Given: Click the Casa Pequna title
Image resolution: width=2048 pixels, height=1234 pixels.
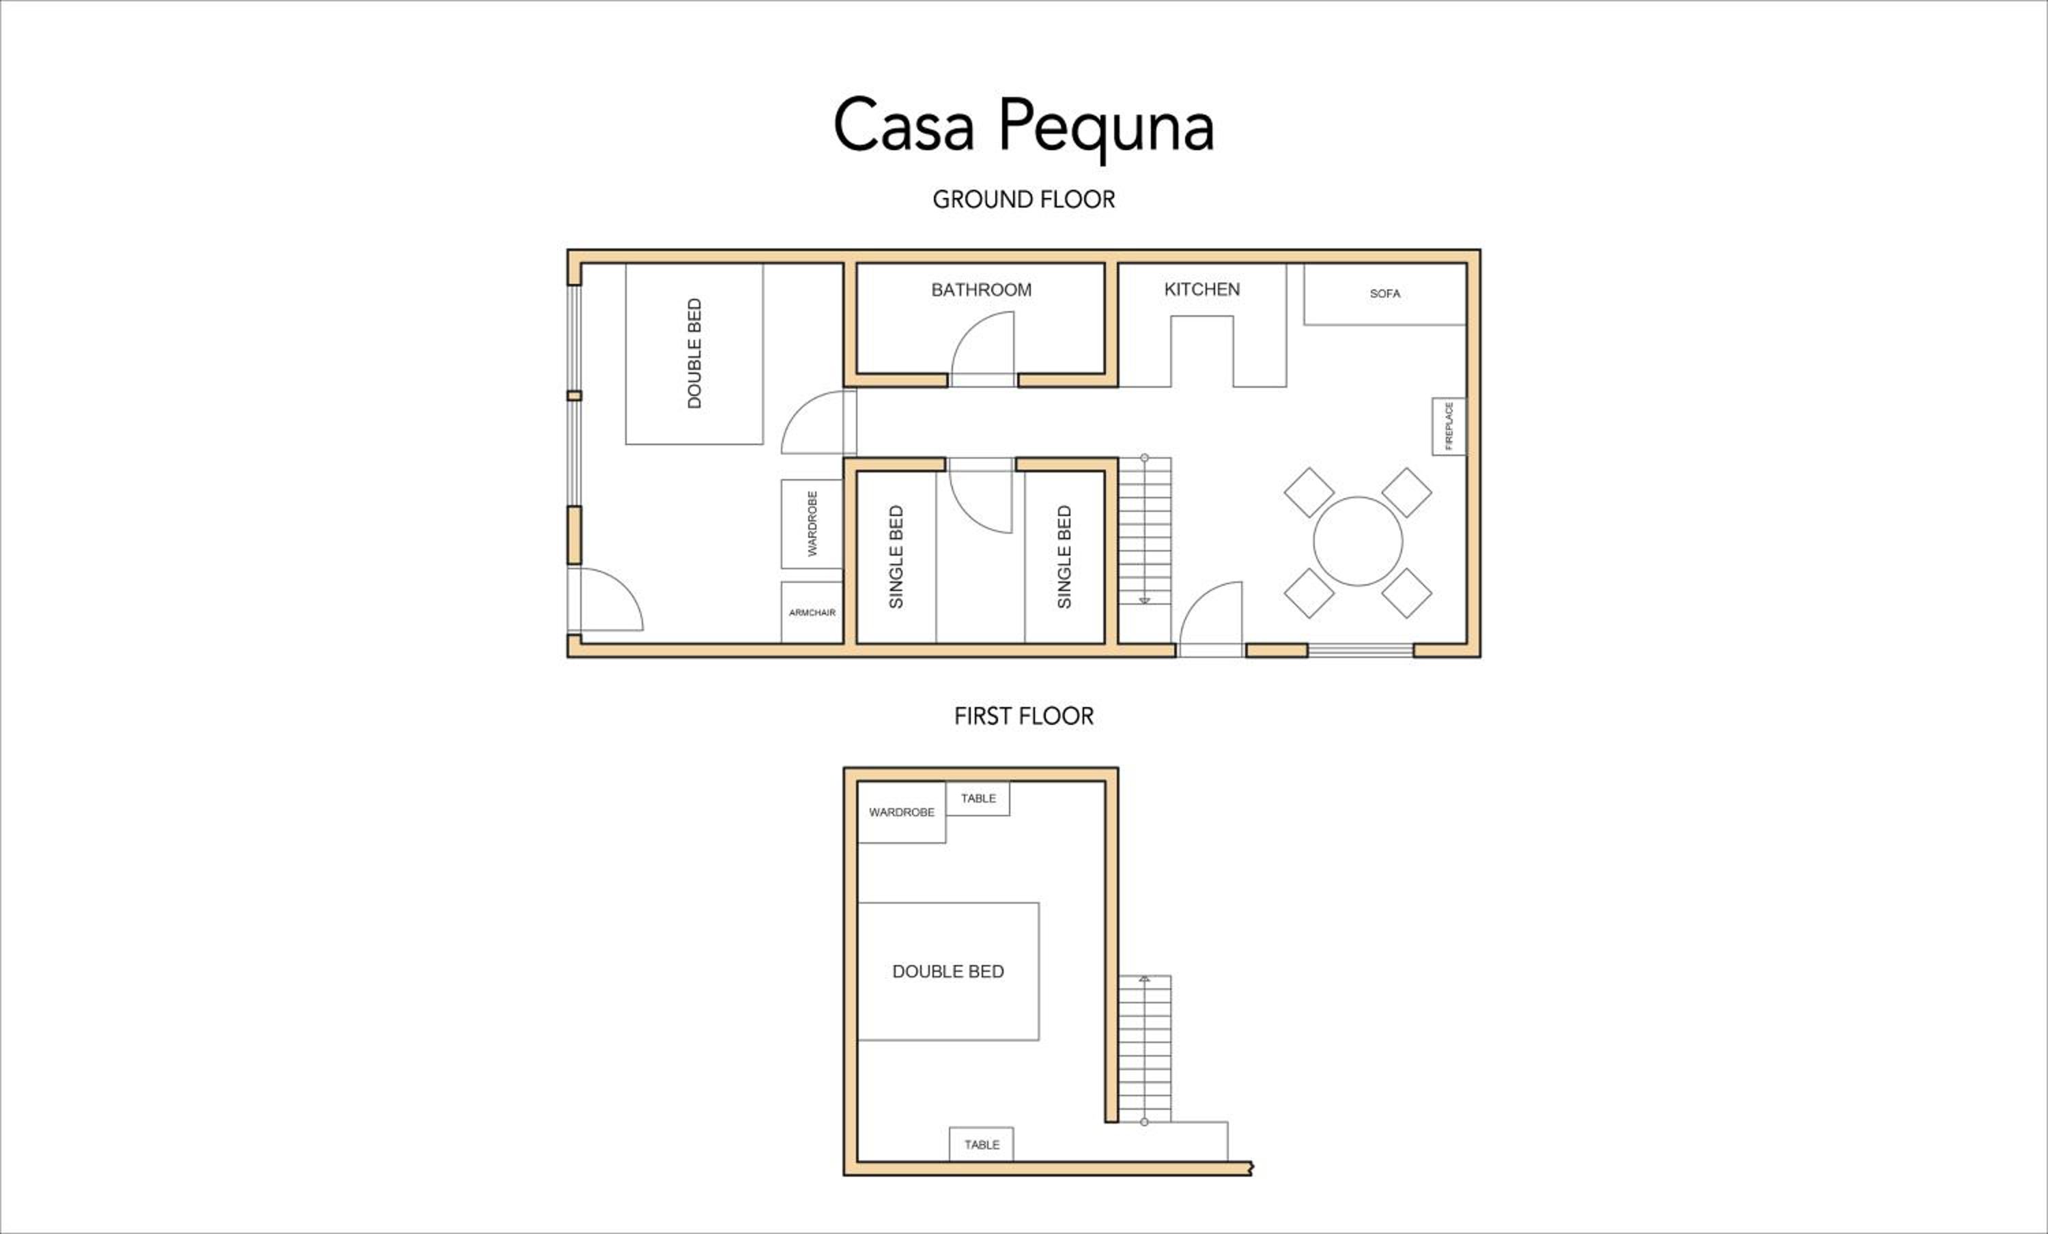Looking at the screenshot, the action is pyautogui.click(x=1023, y=126).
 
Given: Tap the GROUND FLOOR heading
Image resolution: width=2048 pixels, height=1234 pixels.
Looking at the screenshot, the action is pyautogui.click(x=1023, y=199).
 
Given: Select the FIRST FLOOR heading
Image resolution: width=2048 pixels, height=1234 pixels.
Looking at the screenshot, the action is pyautogui.click(x=1023, y=715).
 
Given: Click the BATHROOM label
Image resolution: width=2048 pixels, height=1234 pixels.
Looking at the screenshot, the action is pyautogui.click(x=981, y=290).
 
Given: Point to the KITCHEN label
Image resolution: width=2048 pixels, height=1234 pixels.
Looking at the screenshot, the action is pyautogui.click(x=1202, y=289).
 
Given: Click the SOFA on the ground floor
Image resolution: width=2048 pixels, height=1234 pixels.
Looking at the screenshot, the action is pyautogui.click(x=1384, y=294).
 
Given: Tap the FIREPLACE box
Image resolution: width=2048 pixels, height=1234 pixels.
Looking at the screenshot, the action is pyautogui.click(x=1449, y=427).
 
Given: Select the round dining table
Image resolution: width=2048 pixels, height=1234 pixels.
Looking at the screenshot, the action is pyautogui.click(x=1358, y=541).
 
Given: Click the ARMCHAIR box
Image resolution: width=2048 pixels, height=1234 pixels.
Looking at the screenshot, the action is pyautogui.click(x=812, y=612).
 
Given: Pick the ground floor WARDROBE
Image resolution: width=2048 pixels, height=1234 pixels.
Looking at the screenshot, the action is pyautogui.click(x=812, y=523).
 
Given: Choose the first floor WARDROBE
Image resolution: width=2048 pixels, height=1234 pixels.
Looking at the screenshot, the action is pyautogui.click(x=902, y=812).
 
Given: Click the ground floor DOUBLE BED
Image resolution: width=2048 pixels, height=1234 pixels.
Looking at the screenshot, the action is pyautogui.click(x=694, y=354).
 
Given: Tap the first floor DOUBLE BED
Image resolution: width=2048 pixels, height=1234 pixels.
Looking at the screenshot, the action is pyautogui.click(x=948, y=971).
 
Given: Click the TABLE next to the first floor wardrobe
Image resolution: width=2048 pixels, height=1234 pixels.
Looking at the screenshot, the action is pyautogui.click(x=978, y=799).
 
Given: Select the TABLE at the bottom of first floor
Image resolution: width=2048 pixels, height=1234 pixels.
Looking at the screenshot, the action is pyautogui.click(x=982, y=1145).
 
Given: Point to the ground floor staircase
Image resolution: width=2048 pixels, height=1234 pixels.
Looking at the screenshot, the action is pyautogui.click(x=1145, y=531).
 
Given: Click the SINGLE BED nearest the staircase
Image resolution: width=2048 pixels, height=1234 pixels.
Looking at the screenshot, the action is pyautogui.click(x=1064, y=557).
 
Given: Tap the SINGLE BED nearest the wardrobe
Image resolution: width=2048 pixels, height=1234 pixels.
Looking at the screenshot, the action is pyautogui.click(x=896, y=557).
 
